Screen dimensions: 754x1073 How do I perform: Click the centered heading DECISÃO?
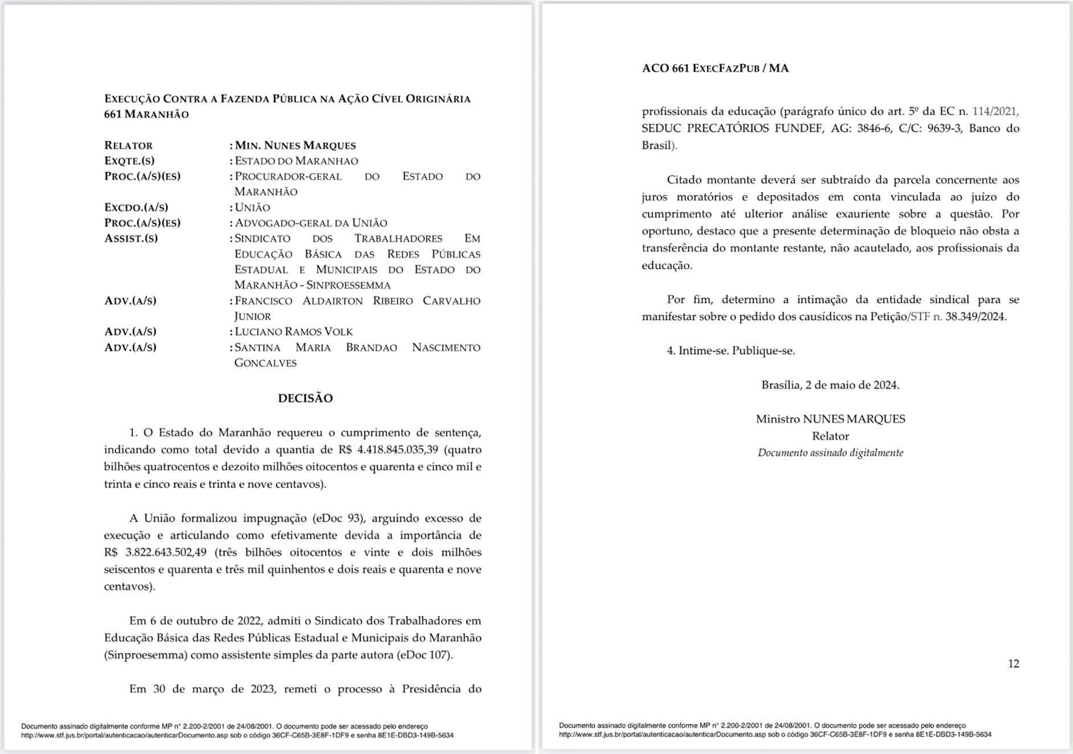[x=305, y=398]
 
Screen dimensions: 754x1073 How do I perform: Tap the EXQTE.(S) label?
[x=129, y=161]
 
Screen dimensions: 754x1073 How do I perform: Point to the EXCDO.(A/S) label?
[x=136, y=208]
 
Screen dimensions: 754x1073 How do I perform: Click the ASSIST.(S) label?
[x=131, y=238]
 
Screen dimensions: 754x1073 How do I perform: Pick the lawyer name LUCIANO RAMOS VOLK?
[x=294, y=331]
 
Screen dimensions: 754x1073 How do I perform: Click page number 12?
[x=1013, y=664]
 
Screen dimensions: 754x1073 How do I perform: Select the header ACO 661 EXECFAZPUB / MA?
[x=715, y=68]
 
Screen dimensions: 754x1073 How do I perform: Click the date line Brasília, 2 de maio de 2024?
[x=830, y=385]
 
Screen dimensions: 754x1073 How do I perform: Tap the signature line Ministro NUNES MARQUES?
[x=830, y=419]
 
